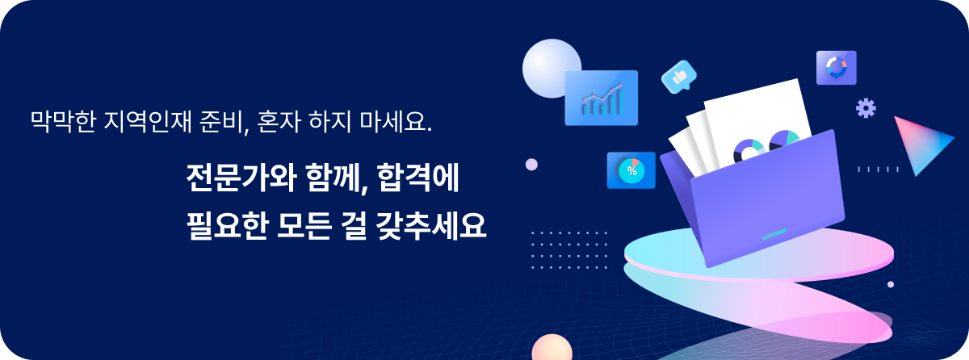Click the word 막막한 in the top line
(x=63, y=121)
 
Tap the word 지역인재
(x=148, y=121)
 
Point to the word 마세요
(x=396, y=121)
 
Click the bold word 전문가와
(x=241, y=178)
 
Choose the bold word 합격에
(x=418, y=178)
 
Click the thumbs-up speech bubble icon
(x=679, y=77)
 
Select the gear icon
(x=866, y=108)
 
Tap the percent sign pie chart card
(x=631, y=170)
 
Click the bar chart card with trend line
(x=602, y=98)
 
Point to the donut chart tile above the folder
(x=837, y=68)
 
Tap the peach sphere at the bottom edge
(x=552, y=348)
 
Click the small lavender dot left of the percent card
(x=531, y=165)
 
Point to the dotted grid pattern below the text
(x=568, y=250)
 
